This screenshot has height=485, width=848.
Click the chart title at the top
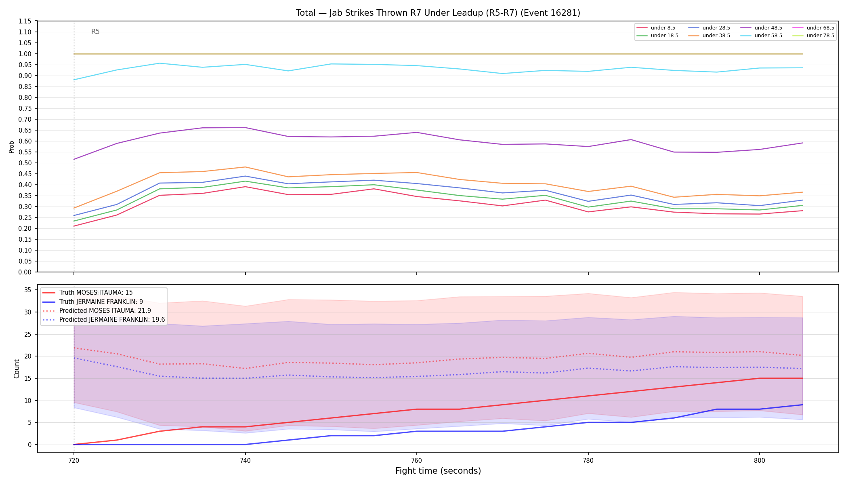tap(438, 13)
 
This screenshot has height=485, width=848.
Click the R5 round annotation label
tap(95, 32)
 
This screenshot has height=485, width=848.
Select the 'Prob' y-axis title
tap(11, 147)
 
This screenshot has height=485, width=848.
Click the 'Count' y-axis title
tap(17, 369)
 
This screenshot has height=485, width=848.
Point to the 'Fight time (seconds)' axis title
tap(438, 471)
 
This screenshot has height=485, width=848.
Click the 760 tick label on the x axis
tap(416, 460)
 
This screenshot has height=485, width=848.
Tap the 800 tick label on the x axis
tap(760, 460)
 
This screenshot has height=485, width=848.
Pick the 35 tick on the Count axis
tap(28, 290)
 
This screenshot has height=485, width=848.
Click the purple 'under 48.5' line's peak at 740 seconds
tap(245, 128)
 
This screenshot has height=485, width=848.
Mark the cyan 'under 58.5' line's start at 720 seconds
tap(74, 80)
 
